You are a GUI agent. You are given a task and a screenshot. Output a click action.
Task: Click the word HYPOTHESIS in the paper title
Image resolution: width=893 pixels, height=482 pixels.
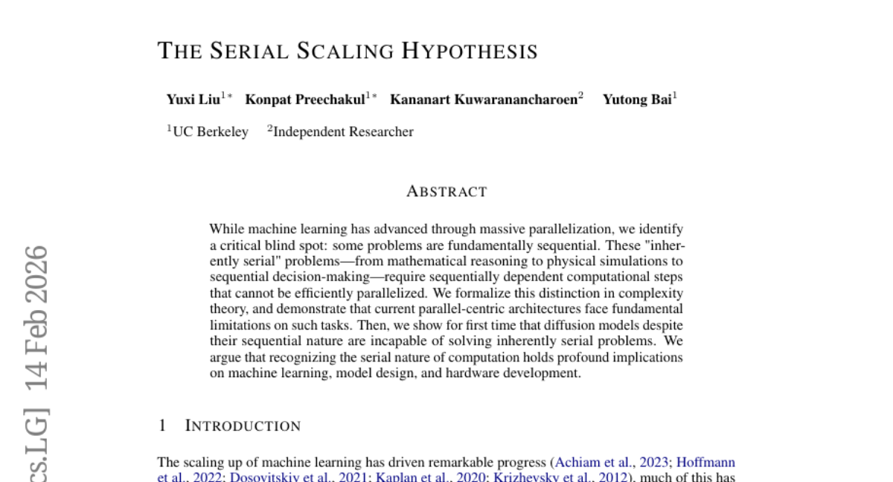[470, 51]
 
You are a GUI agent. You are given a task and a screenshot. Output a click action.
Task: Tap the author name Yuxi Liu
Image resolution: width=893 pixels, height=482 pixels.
[193, 100]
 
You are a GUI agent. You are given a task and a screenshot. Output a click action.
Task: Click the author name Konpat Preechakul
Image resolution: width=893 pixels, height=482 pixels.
[305, 100]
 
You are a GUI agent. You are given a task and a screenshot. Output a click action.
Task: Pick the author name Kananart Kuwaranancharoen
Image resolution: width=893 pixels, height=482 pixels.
[484, 100]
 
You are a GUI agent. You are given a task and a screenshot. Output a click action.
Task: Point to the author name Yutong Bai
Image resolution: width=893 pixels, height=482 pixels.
[636, 100]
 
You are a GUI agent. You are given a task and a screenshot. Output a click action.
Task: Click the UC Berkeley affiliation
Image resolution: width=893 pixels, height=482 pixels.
[211, 132]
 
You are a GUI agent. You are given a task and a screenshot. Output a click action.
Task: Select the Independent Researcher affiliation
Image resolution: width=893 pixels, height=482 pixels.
[343, 132]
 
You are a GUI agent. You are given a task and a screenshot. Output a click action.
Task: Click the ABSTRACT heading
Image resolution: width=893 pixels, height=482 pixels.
[446, 192]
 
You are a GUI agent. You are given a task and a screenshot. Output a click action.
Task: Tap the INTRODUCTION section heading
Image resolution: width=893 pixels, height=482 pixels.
[243, 426]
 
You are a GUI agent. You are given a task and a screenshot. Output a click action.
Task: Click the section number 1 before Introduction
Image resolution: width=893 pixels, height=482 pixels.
[162, 426]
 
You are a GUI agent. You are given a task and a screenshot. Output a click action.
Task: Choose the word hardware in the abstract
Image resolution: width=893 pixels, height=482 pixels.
[470, 373]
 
